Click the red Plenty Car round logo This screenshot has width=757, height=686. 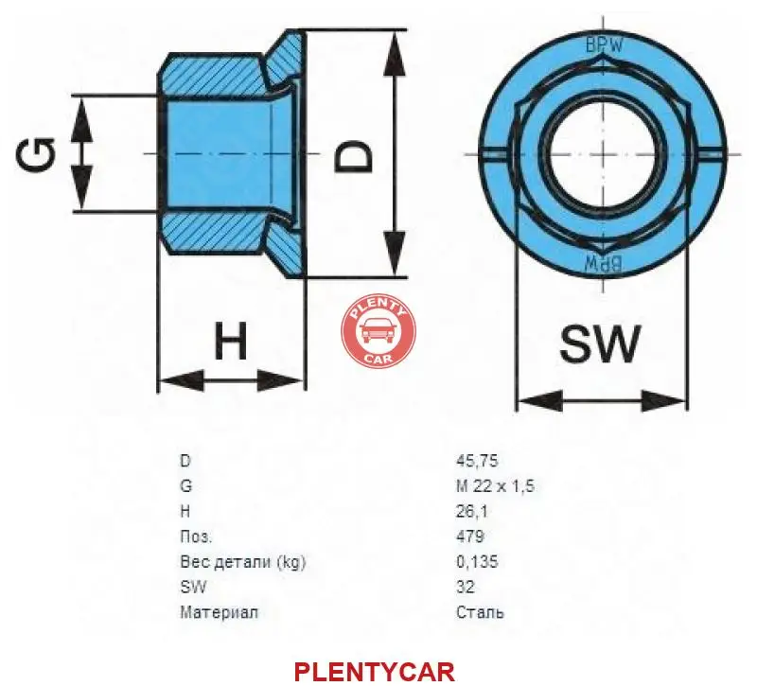click(377, 330)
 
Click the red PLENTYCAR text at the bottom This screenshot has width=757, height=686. click(375, 672)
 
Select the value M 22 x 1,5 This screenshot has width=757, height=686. click(495, 486)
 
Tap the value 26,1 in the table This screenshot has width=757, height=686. click(471, 511)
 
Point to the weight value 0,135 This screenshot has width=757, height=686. click(476, 562)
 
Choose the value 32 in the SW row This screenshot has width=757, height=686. click(465, 587)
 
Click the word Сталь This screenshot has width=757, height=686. click(480, 612)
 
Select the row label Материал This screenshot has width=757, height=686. click(219, 612)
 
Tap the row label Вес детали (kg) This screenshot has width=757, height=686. click(242, 562)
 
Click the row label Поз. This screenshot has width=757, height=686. click(196, 536)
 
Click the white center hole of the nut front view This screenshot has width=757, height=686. click(601, 153)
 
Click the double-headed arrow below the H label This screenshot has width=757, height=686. click(231, 381)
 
